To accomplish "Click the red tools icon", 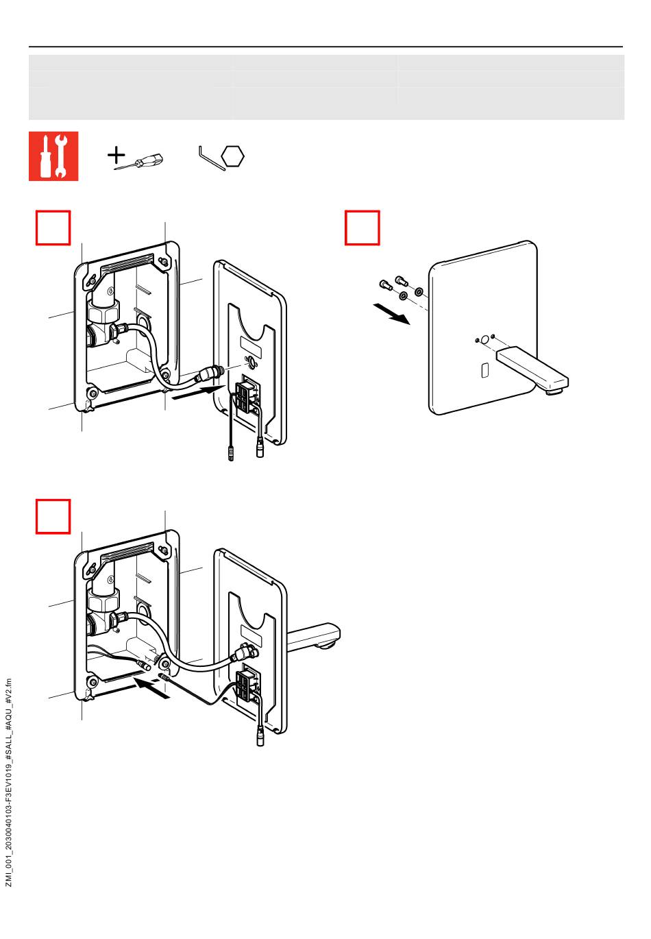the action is pos(53,156).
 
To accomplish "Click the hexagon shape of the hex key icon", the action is pos(234,156).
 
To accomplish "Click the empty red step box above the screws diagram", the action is pos(362,228).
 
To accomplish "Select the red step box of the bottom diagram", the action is pos(53,517).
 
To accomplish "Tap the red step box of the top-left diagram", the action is pos(53,228).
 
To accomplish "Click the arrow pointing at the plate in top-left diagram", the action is pos(195,393).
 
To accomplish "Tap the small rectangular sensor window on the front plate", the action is pos(484,370).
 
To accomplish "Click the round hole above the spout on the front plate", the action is pos(484,339).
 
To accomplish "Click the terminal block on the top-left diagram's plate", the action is pos(248,395).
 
